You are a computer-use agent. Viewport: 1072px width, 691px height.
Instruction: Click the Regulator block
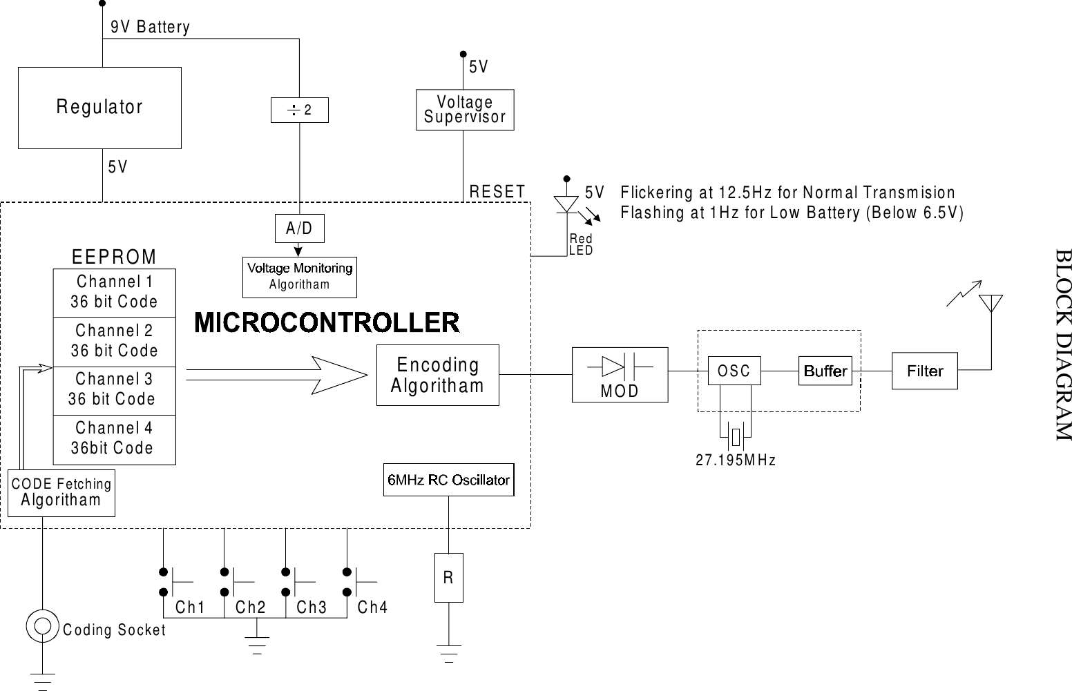coord(99,108)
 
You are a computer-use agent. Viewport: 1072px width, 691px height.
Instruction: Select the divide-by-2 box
coord(299,110)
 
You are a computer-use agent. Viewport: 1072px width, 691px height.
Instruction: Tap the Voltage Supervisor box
coord(464,110)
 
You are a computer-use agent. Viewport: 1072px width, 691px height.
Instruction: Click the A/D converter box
coord(299,228)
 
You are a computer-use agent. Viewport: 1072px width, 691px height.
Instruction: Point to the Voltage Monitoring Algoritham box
coord(299,277)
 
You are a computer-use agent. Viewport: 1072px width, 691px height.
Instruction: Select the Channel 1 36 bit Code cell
coord(114,293)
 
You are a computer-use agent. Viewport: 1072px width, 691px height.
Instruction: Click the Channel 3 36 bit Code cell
coord(114,390)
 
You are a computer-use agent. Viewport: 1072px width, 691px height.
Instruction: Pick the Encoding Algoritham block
coord(437,375)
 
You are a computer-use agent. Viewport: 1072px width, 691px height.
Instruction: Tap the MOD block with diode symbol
coord(620,374)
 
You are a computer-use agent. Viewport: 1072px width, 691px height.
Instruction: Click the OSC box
coord(734,371)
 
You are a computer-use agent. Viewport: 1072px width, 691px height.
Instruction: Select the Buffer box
coord(825,371)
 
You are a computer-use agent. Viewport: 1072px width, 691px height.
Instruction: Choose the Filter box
coord(924,371)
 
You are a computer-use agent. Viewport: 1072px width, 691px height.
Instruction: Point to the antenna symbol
coord(990,304)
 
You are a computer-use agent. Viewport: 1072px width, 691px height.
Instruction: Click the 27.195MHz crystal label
coord(736,460)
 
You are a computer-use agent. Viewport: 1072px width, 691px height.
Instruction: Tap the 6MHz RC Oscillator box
coord(448,480)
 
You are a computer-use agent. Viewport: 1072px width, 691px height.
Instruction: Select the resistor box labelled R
coord(448,578)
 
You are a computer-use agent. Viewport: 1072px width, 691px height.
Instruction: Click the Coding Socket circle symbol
coord(42,626)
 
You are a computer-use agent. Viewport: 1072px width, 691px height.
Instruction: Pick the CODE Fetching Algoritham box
coord(61,493)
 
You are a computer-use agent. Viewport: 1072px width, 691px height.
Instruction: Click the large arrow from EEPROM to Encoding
coord(276,375)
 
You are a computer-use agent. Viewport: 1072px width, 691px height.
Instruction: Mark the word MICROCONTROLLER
coord(327,322)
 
